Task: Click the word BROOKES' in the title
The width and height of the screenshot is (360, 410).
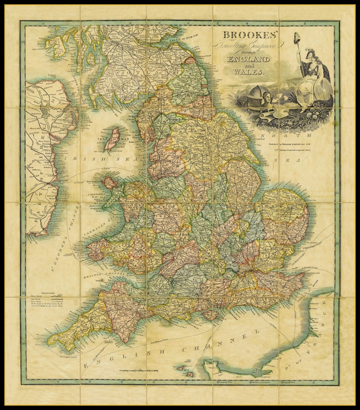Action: (246, 35)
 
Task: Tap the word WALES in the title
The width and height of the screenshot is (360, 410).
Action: (246, 72)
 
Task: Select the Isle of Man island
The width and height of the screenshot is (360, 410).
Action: (112, 139)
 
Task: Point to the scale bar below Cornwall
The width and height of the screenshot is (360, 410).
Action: (139, 371)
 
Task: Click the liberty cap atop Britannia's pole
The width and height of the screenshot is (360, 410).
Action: (297, 36)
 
